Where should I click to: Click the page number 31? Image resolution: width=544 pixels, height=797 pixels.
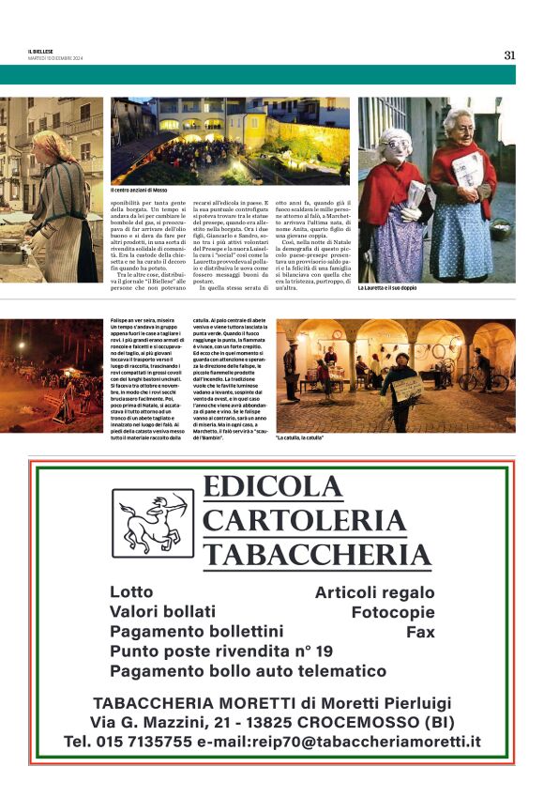pyautogui.click(x=509, y=54)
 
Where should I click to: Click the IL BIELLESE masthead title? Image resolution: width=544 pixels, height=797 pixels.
pyautogui.click(x=42, y=51)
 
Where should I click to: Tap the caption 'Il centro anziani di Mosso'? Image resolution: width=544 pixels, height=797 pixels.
pyautogui.click(x=139, y=190)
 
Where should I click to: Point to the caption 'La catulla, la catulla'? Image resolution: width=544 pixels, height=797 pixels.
pyautogui.click(x=301, y=438)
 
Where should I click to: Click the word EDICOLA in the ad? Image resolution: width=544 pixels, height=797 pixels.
pyautogui.click(x=273, y=489)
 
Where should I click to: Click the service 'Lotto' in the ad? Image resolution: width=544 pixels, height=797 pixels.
pyautogui.click(x=131, y=592)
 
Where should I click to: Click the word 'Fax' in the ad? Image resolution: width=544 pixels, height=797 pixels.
pyautogui.click(x=420, y=632)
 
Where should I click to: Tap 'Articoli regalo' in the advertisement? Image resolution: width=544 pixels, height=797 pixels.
pyautogui.click(x=374, y=592)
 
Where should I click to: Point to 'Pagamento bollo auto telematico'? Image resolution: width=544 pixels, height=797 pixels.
pyautogui.click(x=248, y=671)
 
